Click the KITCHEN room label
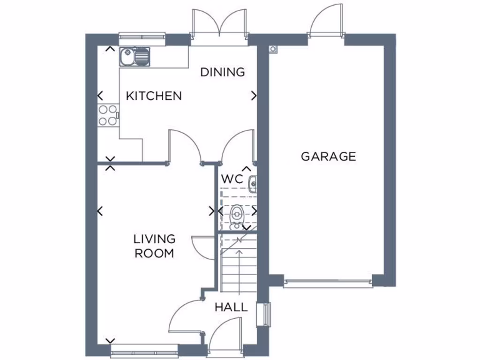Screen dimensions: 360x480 pos(154,96)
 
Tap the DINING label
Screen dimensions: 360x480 pos(223,72)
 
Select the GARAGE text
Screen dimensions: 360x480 pos(328,157)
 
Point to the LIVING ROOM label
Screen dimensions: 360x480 pos(154,246)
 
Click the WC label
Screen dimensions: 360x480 pos(232,179)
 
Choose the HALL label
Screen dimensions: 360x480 pos(231,307)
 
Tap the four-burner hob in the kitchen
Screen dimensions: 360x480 pos(108,115)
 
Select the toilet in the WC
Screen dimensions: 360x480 pos(237,214)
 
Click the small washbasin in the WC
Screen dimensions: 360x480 pos(253,184)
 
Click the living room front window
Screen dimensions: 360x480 pos(144,350)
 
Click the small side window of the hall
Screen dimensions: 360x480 pos(267,314)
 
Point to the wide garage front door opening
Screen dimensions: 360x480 pos(328,283)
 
